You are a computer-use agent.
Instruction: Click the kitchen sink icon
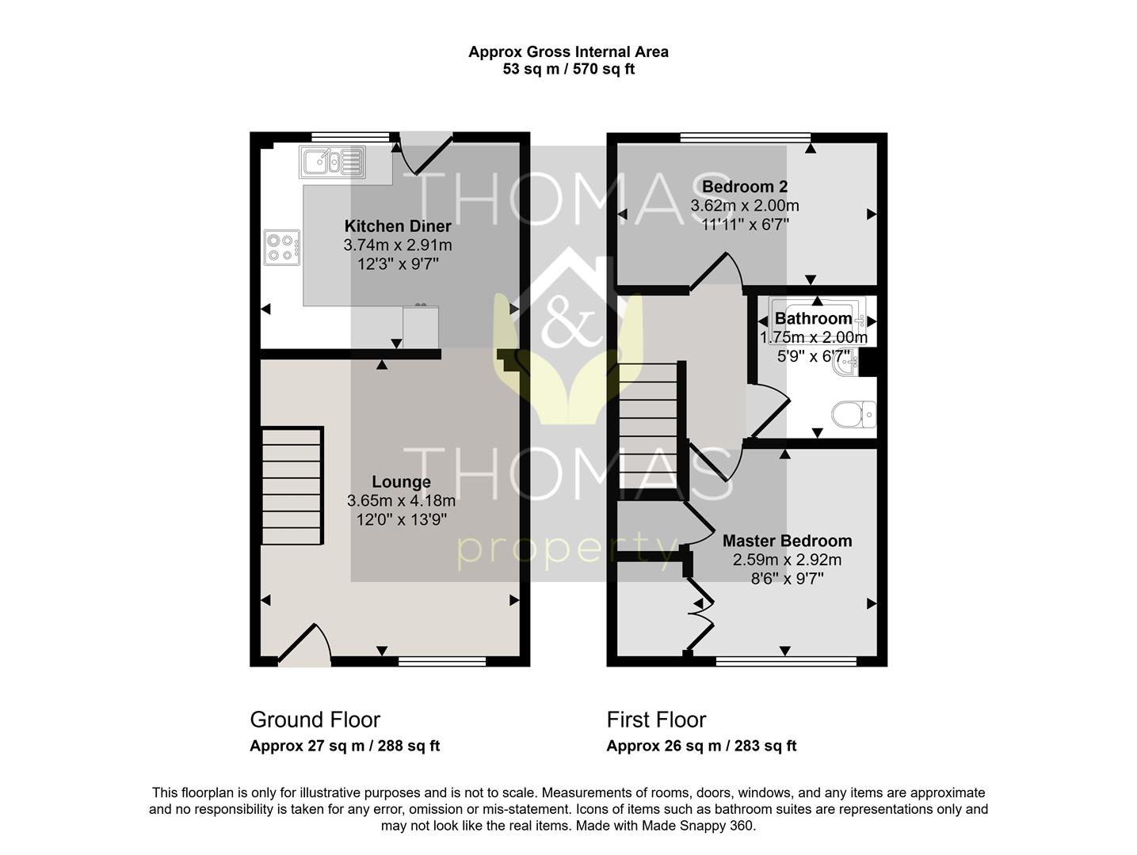pyautogui.click(x=332, y=162)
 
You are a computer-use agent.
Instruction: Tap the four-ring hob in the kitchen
pyautogui.click(x=282, y=247)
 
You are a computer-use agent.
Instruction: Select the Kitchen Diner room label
pyautogui.click(x=398, y=226)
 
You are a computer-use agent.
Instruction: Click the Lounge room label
pyautogui.click(x=402, y=482)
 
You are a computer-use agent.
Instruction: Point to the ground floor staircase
pyautogui.click(x=292, y=486)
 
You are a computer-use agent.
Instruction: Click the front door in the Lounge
pyautogui.click(x=304, y=644)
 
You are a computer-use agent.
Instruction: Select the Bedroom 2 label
pyautogui.click(x=745, y=187)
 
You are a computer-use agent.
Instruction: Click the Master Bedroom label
pyautogui.click(x=787, y=541)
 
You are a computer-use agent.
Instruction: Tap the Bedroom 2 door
pyautogui.click(x=716, y=272)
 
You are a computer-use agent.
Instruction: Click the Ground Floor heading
pyautogui.click(x=315, y=720)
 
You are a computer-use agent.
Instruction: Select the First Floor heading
pyautogui.click(x=656, y=720)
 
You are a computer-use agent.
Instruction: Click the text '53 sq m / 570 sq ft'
pyautogui.click(x=568, y=69)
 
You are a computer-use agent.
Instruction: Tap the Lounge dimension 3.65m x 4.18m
pyautogui.click(x=401, y=500)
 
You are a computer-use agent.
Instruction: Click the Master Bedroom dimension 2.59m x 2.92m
pyautogui.click(x=787, y=560)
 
